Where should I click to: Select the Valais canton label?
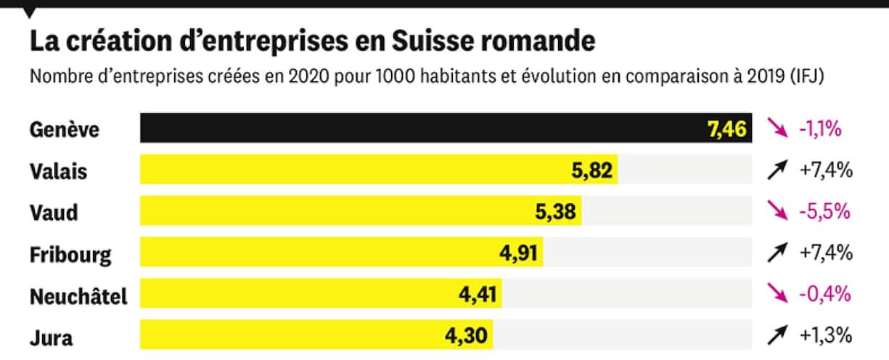pos(58,171)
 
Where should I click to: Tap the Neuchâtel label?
pos(78,296)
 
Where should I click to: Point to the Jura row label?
pos(52,337)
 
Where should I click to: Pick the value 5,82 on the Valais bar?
pos(592,171)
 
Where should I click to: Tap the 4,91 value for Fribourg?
pos(517,253)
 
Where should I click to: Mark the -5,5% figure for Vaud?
pos(824,212)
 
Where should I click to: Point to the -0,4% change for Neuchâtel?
pos(824,295)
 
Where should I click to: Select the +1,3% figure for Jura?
pos(825,336)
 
